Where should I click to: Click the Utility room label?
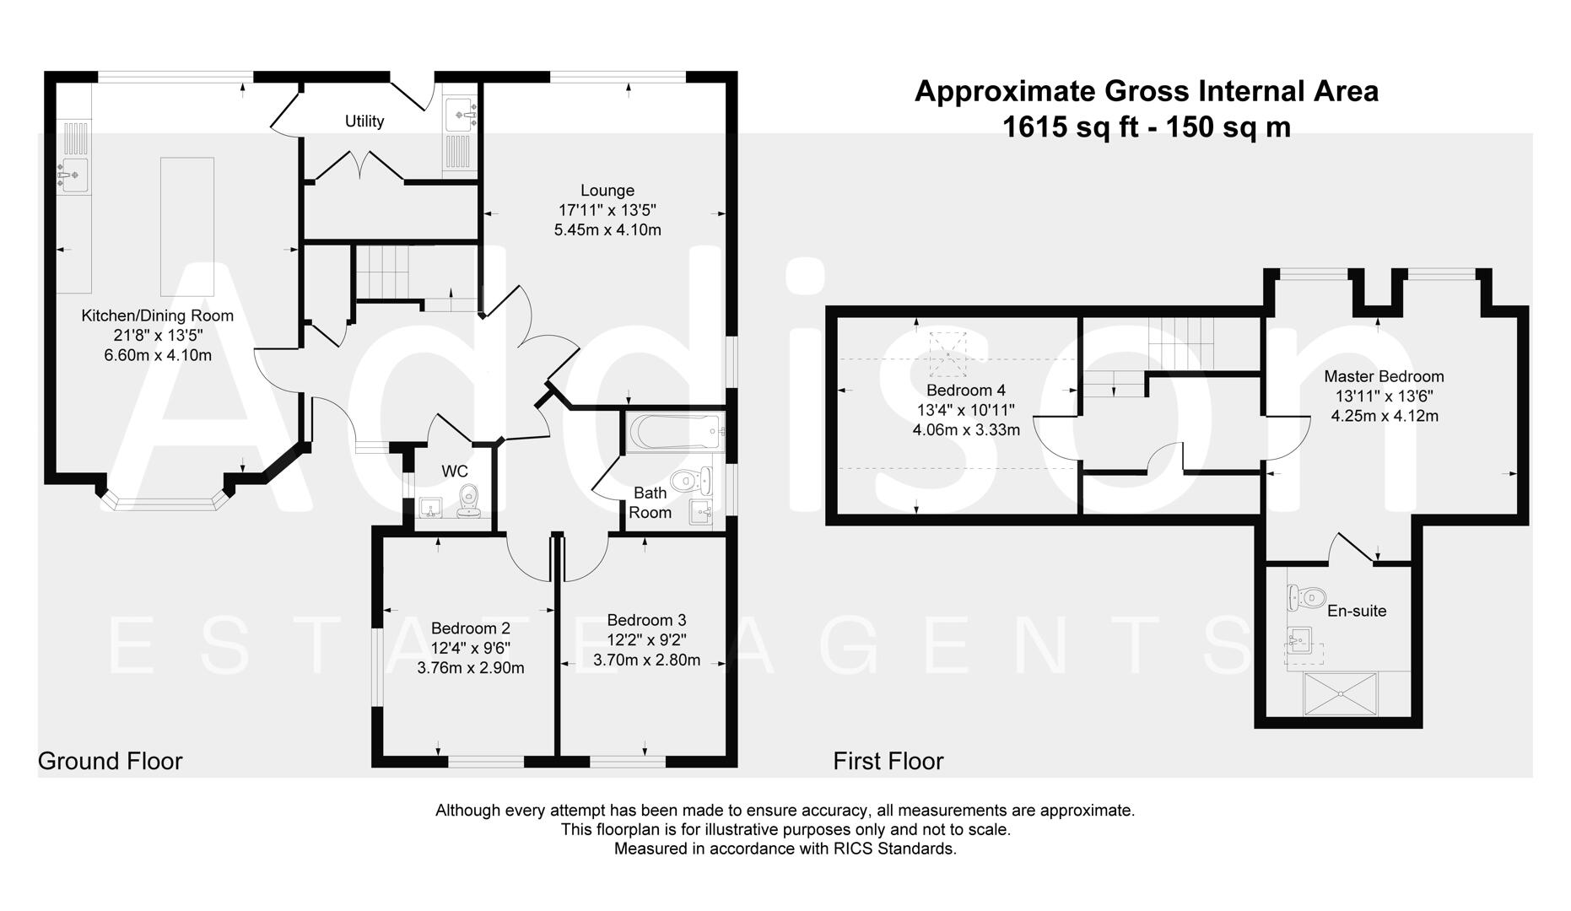click(x=364, y=121)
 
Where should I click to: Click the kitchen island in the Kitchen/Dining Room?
click(x=187, y=225)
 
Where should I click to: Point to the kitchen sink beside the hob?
click(x=73, y=175)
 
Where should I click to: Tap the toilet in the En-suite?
click(x=1305, y=598)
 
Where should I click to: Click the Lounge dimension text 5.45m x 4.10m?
click(x=607, y=229)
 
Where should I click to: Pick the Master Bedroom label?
click(x=1384, y=376)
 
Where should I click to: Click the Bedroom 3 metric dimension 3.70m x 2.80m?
click(x=646, y=660)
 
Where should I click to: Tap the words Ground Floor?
click(x=111, y=761)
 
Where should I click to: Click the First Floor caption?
click(x=888, y=761)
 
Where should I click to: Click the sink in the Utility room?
click(x=460, y=111)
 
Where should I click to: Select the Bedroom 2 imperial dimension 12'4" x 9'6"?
click(x=470, y=648)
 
